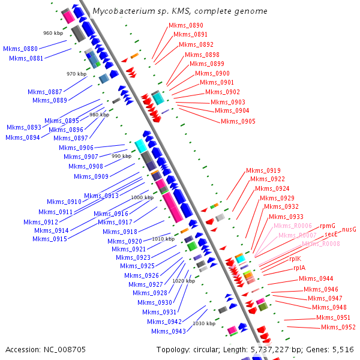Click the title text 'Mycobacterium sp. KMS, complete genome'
coord(180,11)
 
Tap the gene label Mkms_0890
coord(185,25)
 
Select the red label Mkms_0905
coord(238,121)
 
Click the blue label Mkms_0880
coord(20,49)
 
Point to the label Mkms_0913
coord(101,196)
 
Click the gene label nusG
coord(349,229)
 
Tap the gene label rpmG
coord(328,226)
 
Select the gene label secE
coord(331,235)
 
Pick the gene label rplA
coord(299,268)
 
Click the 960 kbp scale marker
coord(53,33)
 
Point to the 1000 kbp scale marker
coord(142,197)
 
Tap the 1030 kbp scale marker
coord(203,323)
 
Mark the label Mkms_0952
coord(338,327)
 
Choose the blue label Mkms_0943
coord(169,331)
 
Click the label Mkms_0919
coord(263,170)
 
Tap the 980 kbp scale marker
coord(99,115)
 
